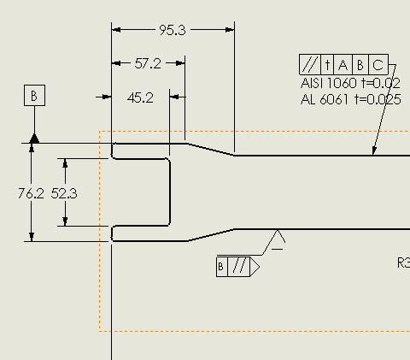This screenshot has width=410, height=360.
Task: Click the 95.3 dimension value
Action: point(173,30)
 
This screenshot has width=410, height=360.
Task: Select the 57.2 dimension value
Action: point(148,63)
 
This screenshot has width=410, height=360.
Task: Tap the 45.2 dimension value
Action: point(140,97)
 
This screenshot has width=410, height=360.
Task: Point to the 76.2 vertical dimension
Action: point(31,193)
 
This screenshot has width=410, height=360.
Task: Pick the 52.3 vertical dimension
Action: point(64,193)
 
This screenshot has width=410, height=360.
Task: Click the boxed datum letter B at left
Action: point(34,95)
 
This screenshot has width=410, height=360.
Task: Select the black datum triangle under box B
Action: point(34,139)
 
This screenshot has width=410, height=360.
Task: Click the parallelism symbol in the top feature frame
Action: point(310,64)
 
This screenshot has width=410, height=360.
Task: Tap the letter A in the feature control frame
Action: point(343,65)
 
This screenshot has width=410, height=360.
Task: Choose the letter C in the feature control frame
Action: point(378,65)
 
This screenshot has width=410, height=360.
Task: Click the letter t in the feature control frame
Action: point(327,65)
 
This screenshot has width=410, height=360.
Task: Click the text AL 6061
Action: point(325,99)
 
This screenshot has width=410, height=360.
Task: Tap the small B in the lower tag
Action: point(220,267)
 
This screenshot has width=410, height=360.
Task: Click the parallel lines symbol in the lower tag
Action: point(238,266)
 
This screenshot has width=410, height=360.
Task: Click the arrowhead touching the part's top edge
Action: point(374,151)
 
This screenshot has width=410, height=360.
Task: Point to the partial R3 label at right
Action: point(404,263)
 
